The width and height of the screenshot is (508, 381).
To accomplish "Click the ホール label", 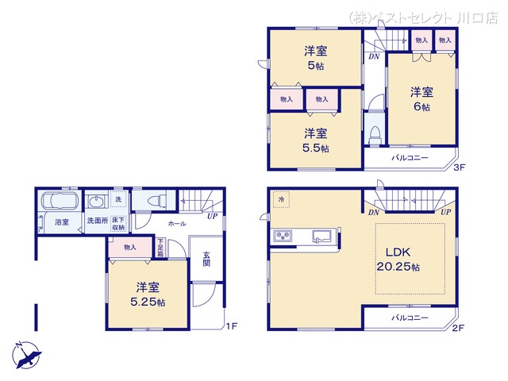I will tap(176, 225).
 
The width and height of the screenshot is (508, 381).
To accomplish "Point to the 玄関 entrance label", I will tap(206, 259).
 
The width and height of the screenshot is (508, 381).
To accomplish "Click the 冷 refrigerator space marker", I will tap(281, 200).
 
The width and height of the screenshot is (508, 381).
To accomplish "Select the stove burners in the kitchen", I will tap(283, 236).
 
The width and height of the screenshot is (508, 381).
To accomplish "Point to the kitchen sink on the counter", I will tap(322, 235).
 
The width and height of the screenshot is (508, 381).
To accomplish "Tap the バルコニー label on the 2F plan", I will tap(410, 317).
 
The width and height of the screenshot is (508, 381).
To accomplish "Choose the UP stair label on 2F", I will tap(446, 213).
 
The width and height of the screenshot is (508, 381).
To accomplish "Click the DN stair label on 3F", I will tap(372, 57).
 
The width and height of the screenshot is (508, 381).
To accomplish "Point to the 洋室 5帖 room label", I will tap(316, 58).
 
